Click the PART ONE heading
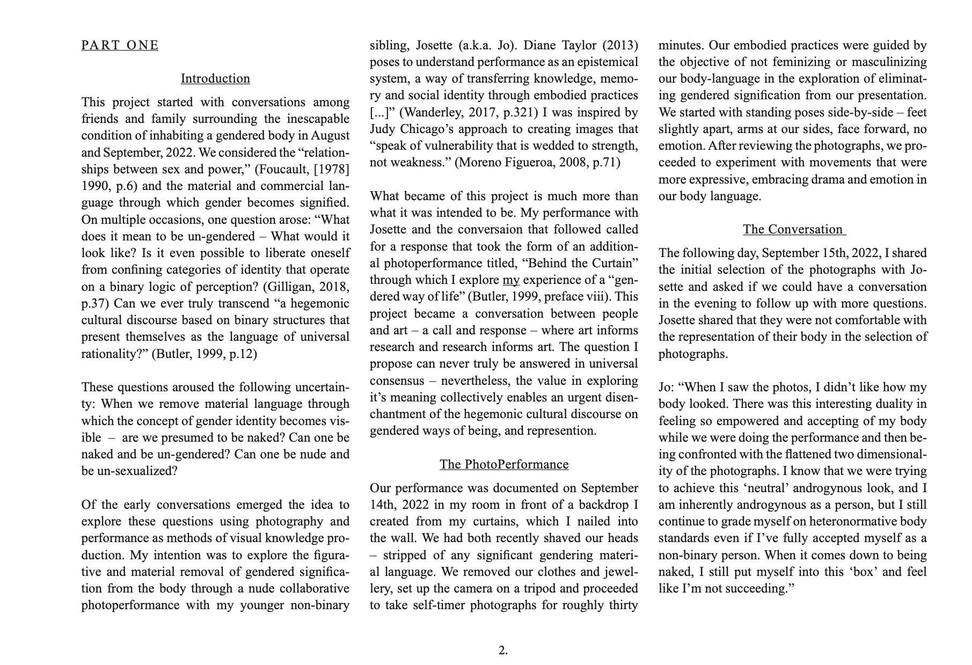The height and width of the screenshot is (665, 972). click(120, 45)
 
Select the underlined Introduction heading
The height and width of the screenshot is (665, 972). click(215, 78)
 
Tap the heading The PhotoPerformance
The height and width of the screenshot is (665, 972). click(504, 464)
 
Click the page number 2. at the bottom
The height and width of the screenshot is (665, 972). click(503, 651)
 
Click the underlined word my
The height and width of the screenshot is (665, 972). click(511, 280)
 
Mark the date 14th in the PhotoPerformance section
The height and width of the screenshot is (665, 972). click(381, 505)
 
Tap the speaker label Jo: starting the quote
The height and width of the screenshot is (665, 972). click(667, 387)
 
